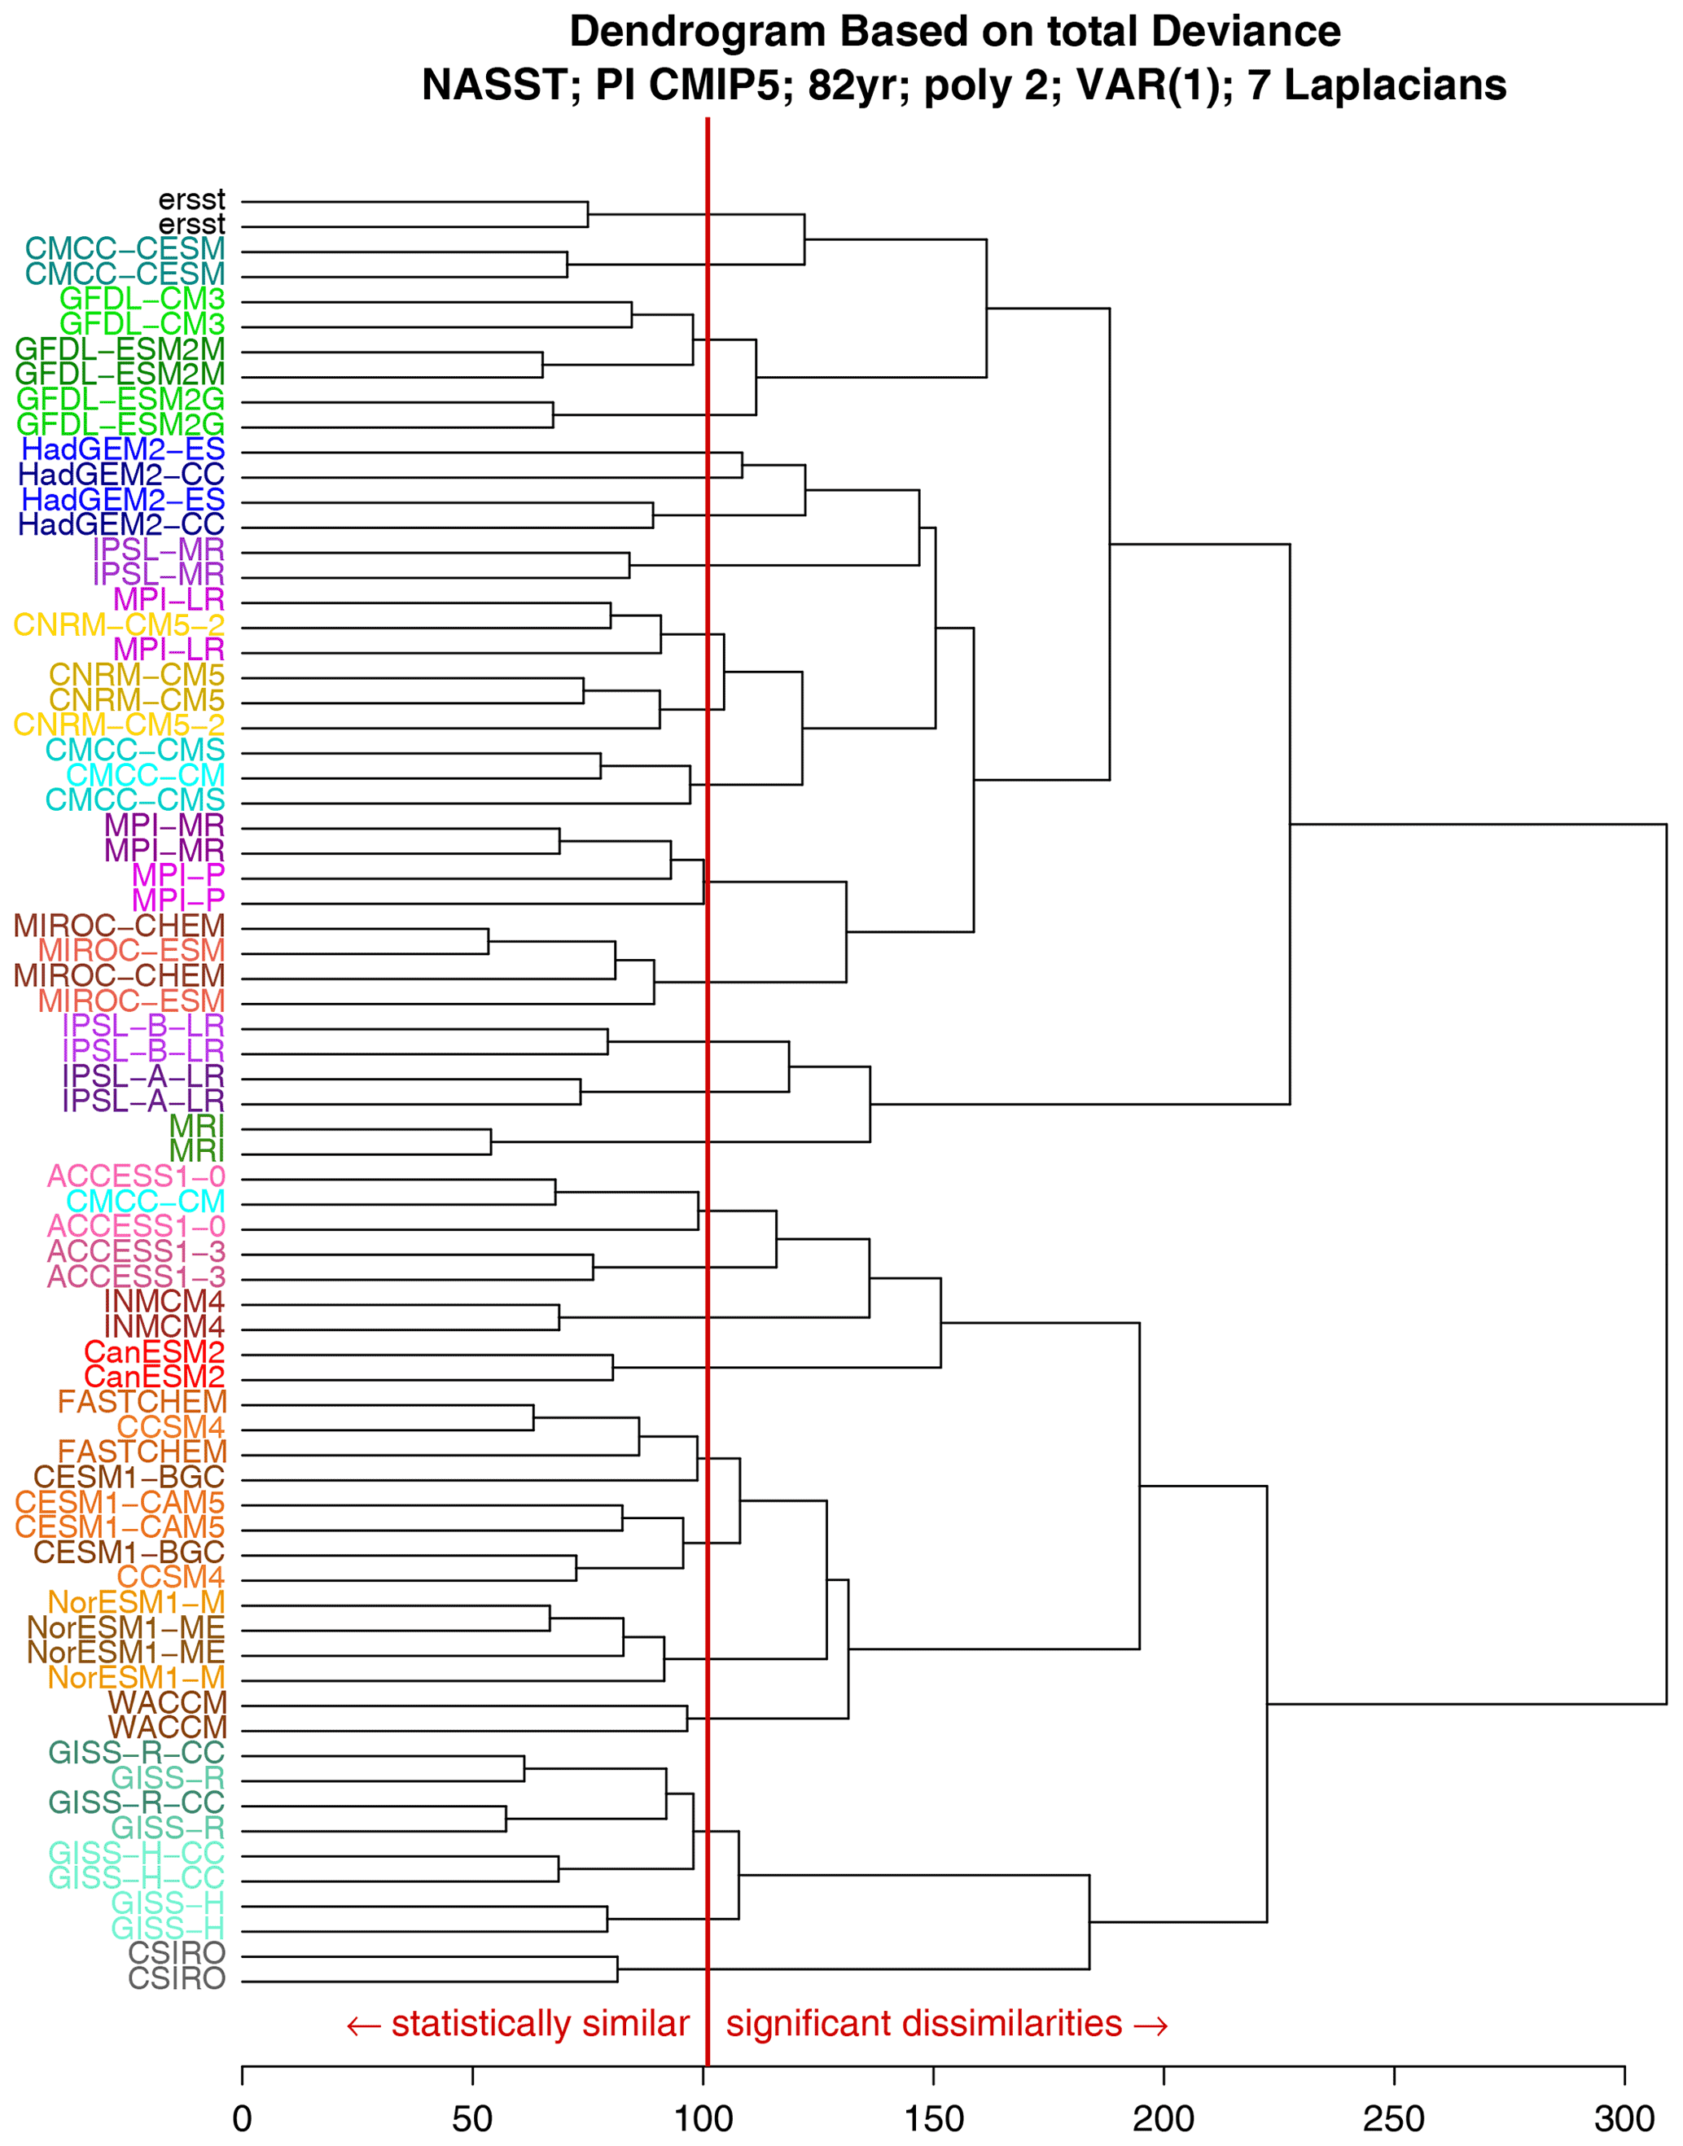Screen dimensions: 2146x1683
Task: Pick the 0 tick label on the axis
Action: pyautogui.click(x=243, y=2118)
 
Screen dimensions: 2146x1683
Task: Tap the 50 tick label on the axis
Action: pyautogui.click(x=472, y=2118)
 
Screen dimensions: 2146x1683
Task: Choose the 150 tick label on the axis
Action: pyautogui.click(x=933, y=2118)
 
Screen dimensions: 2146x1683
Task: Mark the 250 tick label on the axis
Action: pyautogui.click(x=1393, y=2118)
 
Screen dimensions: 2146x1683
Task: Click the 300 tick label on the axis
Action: pyautogui.click(x=1624, y=2118)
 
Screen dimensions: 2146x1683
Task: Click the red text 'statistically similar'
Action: pyautogui.click(x=540, y=2024)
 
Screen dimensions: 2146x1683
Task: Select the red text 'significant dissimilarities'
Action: pyautogui.click(x=924, y=2024)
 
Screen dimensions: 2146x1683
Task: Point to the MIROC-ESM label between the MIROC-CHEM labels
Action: pyautogui.click(x=132, y=951)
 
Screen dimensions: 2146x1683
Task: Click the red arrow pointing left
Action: pyautogui.click(x=364, y=2026)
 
